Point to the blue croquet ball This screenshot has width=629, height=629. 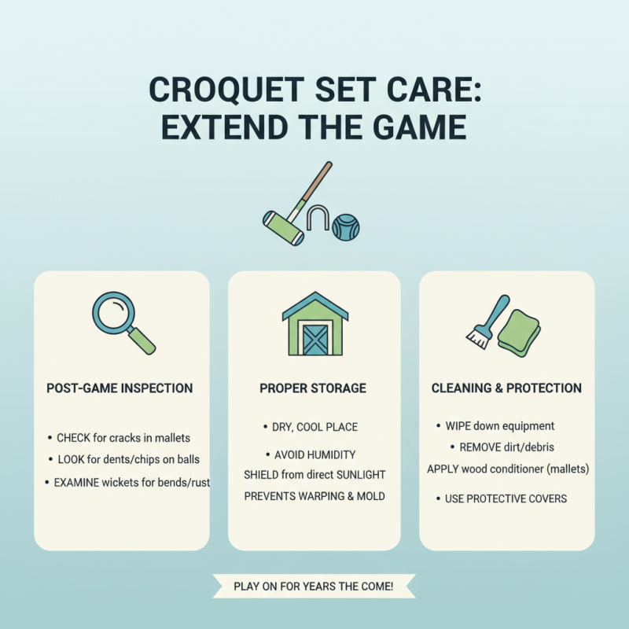click(345, 227)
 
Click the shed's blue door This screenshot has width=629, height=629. click(314, 339)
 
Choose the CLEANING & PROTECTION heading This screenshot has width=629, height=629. click(506, 388)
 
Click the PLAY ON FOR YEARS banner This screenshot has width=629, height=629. click(314, 586)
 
